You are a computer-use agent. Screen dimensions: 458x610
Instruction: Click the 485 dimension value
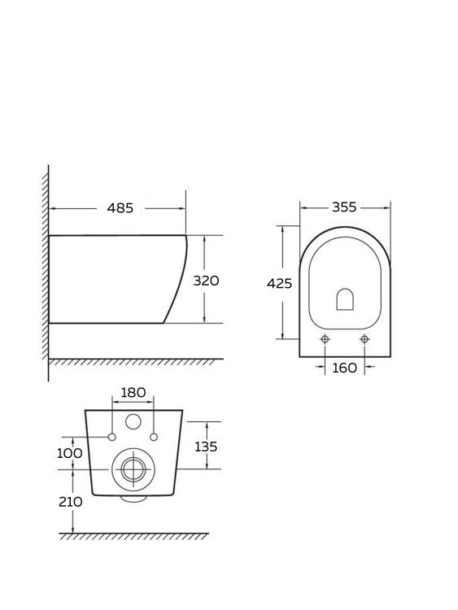tap(120, 208)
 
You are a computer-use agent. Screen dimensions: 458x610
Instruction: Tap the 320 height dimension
tap(206, 281)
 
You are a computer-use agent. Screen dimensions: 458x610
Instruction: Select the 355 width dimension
tap(344, 207)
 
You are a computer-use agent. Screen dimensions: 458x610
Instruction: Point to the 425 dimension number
tap(279, 283)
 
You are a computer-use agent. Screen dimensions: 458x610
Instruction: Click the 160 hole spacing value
tap(344, 368)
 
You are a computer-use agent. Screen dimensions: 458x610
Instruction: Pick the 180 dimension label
tap(133, 393)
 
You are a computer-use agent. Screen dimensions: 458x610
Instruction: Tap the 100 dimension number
tap(70, 453)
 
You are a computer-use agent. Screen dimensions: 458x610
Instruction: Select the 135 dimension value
tap(206, 447)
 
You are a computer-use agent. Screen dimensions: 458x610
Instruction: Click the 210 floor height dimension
tap(71, 502)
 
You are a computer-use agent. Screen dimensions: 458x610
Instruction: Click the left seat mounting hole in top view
tap(325, 339)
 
